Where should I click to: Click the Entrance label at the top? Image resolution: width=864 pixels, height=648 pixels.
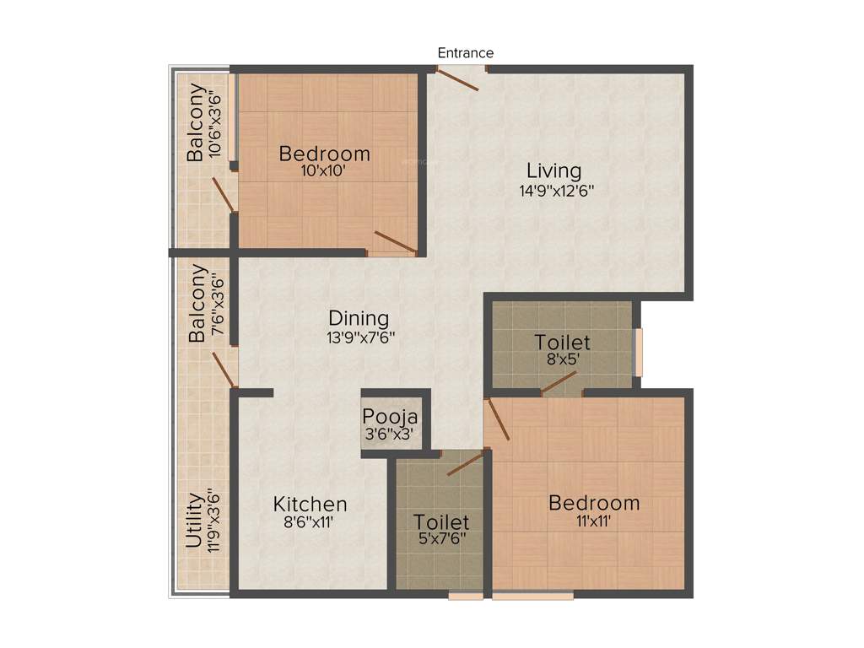[x=465, y=53]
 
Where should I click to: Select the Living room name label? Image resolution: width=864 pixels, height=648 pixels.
[x=554, y=170]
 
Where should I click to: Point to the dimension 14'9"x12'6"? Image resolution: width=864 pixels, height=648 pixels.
[x=557, y=191]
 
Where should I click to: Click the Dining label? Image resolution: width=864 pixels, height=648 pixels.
[x=359, y=318]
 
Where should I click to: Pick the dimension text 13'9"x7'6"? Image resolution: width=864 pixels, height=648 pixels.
[x=360, y=337]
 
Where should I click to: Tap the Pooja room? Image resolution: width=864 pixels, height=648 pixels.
[x=391, y=424]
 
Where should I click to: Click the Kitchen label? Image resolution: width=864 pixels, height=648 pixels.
[x=310, y=504]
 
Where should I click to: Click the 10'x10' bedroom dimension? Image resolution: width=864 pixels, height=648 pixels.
[x=324, y=170]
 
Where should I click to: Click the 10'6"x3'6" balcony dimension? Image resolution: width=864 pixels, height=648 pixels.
[x=217, y=123]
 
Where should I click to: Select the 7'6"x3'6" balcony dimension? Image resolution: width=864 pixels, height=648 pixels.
[x=217, y=305]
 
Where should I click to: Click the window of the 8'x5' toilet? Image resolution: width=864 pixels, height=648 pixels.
[x=639, y=352]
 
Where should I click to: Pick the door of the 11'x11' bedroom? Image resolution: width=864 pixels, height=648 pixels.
[x=498, y=419]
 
